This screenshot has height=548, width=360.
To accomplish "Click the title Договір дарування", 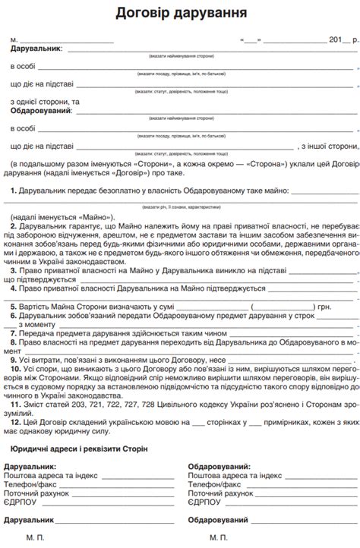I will (x=181, y=13).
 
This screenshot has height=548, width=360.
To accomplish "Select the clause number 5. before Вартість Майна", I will (x=14, y=307).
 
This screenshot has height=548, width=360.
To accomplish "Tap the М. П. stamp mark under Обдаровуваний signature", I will (x=218, y=537).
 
